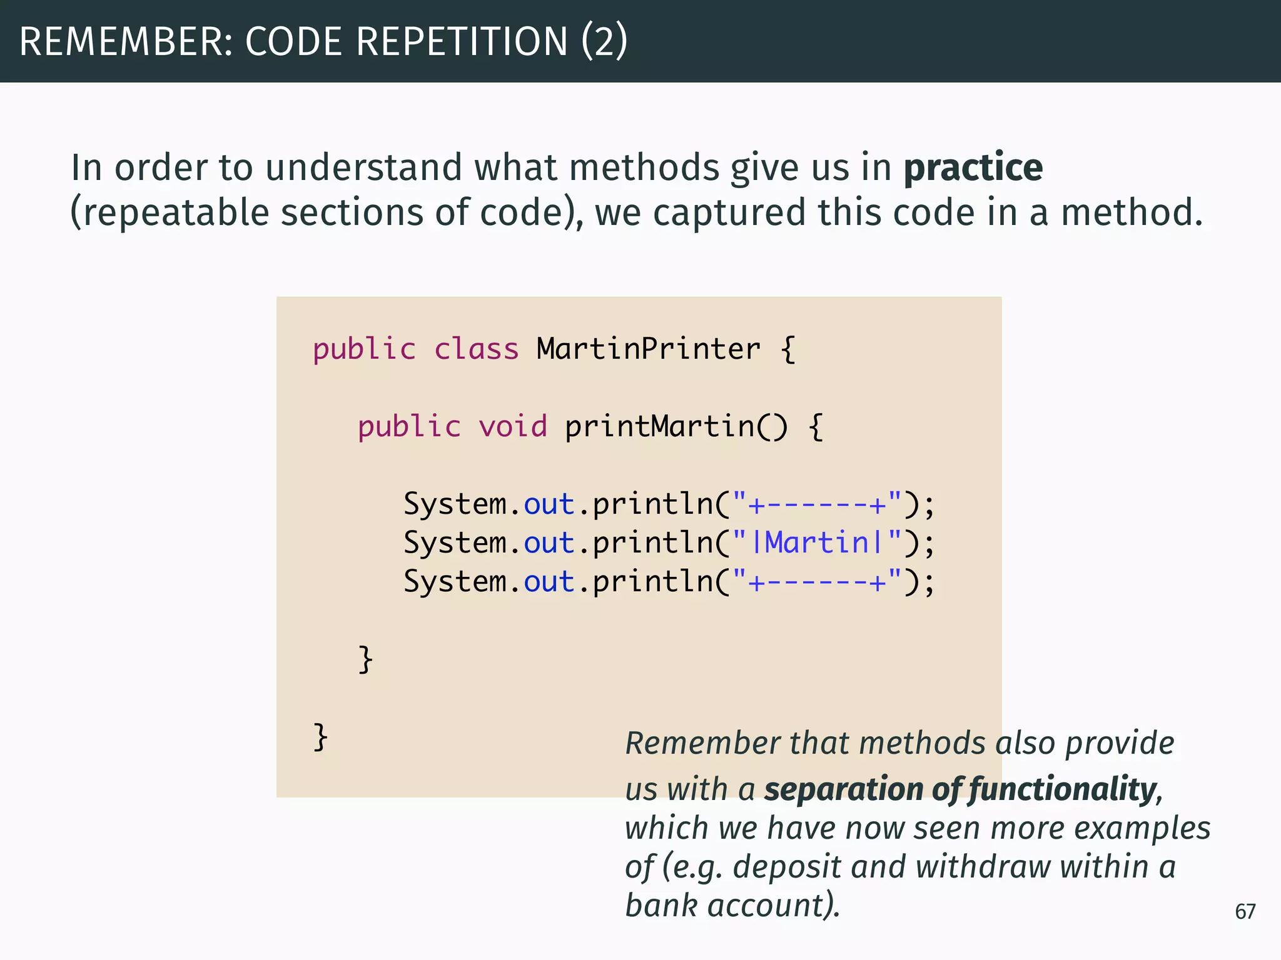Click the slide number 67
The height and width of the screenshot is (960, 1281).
point(1245,911)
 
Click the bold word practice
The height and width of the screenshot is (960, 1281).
point(973,169)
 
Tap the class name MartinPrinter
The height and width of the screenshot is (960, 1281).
point(649,349)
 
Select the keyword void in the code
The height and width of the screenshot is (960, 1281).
point(513,427)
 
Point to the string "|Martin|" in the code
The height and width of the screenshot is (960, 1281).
point(818,542)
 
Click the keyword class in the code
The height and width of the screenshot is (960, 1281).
point(477,349)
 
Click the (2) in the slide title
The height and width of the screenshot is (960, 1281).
point(604,42)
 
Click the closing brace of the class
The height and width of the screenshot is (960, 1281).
point(320,737)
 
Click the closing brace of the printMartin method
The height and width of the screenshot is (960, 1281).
point(365,660)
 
